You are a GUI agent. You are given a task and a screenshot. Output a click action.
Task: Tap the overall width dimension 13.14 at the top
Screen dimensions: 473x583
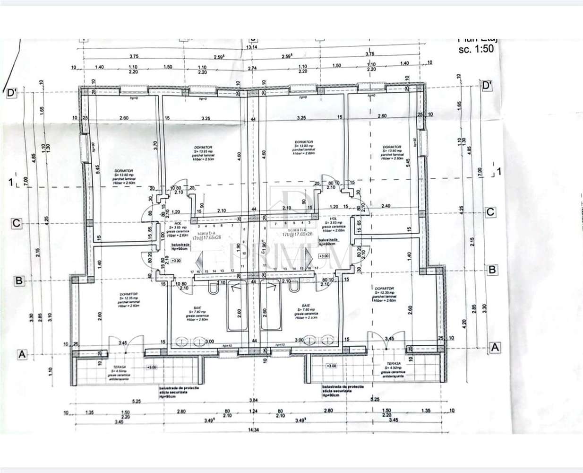point(250,47)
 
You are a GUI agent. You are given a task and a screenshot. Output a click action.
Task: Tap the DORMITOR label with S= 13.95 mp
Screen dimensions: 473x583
point(193,147)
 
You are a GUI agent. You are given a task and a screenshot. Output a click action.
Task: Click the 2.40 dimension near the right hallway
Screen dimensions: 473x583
point(386,206)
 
